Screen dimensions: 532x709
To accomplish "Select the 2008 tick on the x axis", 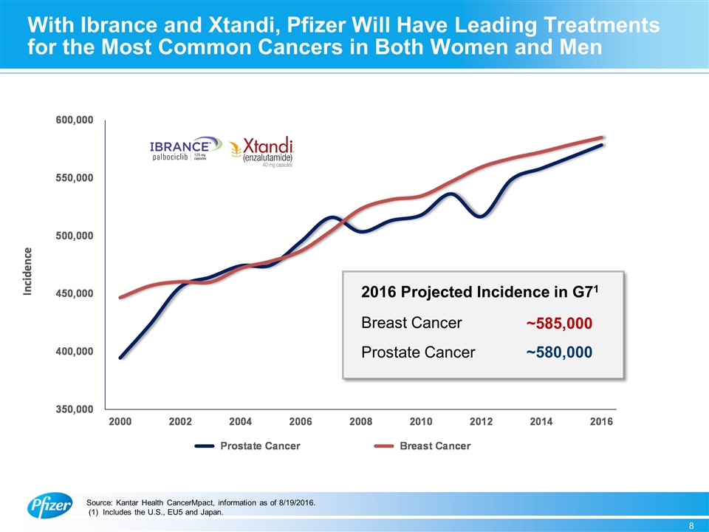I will (x=360, y=422).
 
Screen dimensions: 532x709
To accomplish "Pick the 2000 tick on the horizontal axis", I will (x=120, y=422).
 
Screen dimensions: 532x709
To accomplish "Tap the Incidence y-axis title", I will (x=27, y=271).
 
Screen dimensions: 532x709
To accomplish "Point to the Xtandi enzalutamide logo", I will (x=263, y=153).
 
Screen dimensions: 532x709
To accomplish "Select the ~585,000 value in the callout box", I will (x=559, y=324).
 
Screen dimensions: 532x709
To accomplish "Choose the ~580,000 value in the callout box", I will (x=559, y=353).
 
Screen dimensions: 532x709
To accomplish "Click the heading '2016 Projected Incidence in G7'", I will (x=480, y=293).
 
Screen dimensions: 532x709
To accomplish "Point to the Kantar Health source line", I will (x=201, y=503).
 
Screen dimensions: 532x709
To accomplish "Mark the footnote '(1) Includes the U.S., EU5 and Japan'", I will (x=156, y=513).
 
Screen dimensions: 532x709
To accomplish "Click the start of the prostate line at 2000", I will (x=121, y=358).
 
